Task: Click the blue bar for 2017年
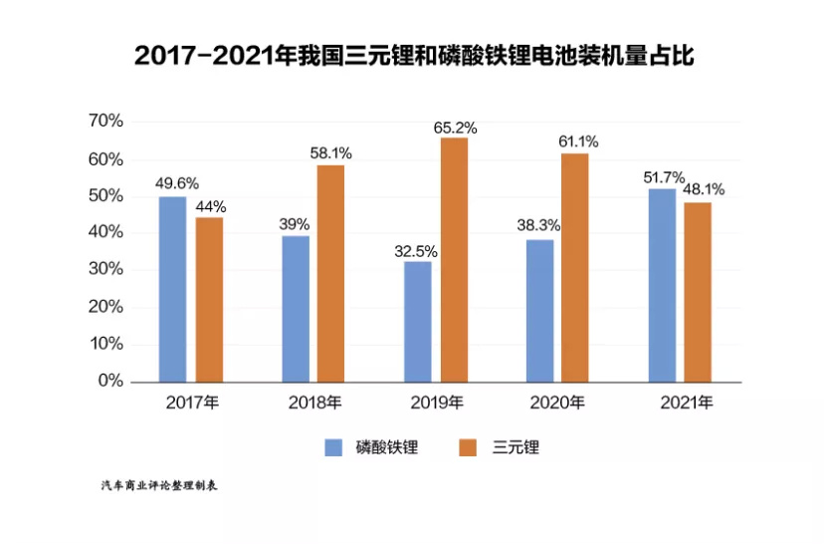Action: tap(172, 289)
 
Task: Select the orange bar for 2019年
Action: tap(454, 259)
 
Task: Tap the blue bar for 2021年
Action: tap(662, 285)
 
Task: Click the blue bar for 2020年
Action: tap(539, 310)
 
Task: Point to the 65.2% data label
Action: tap(455, 128)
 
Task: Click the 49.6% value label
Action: tap(177, 184)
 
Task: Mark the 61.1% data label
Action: tap(577, 140)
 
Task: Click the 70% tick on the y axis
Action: tap(104, 122)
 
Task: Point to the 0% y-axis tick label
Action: tap(109, 381)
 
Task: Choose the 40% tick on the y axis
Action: tap(104, 232)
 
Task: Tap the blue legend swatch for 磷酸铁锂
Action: tap(334, 447)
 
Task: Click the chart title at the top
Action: tap(412, 56)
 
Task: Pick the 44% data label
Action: tap(211, 207)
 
